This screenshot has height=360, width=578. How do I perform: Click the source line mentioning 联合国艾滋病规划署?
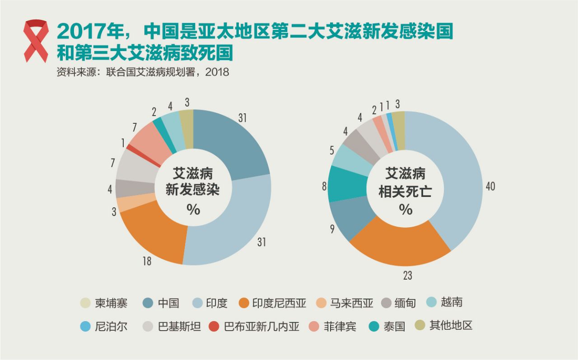[x=143, y=72]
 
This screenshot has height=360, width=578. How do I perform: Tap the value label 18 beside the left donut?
[x=147, y=261]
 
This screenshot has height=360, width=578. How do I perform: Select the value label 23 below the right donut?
[x=407, y=275]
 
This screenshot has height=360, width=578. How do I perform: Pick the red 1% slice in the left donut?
[x=129, y=147]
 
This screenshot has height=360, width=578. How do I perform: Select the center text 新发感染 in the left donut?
[x=193, y=190]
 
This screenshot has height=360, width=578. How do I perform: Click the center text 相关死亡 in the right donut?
[x=405, y=192]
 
